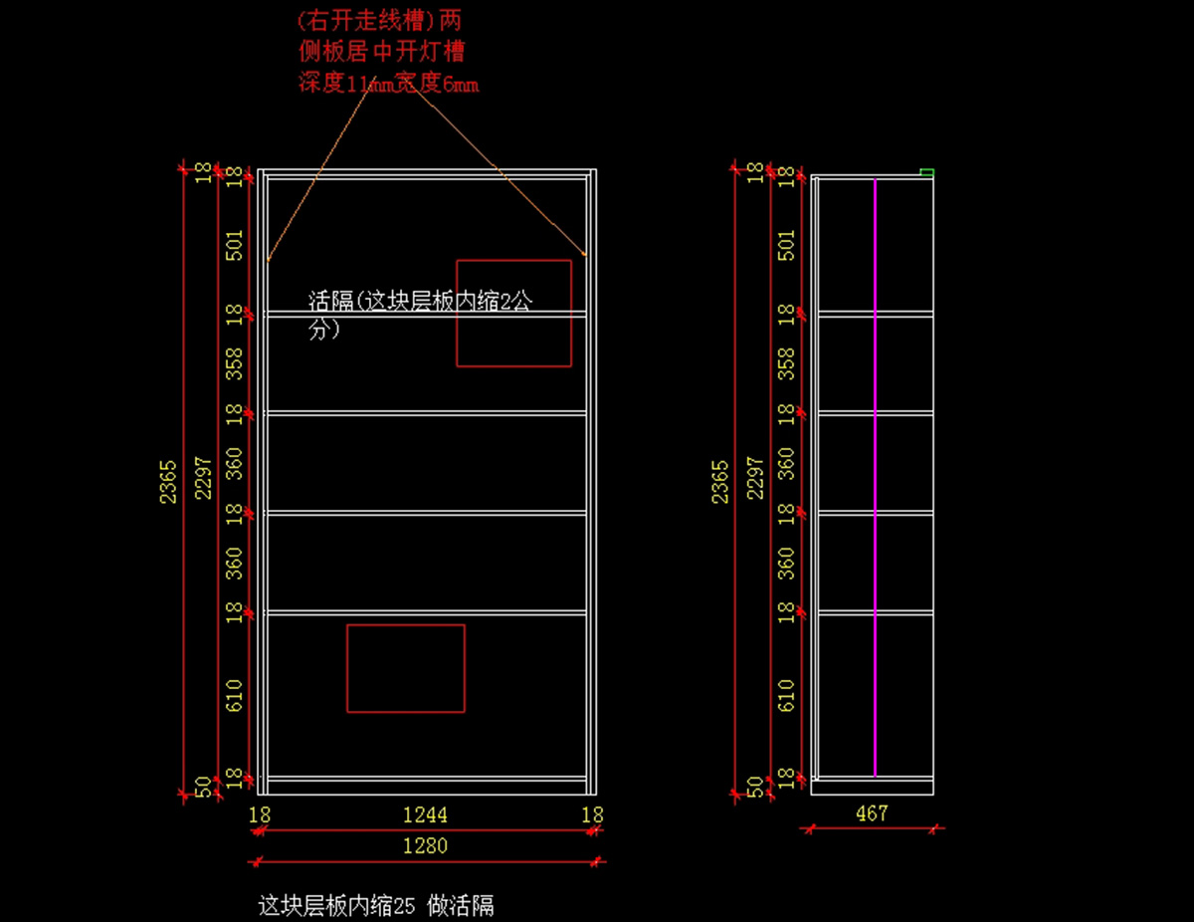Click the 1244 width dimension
(425, 815)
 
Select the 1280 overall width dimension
(425, 846)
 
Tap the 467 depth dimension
(872, 813)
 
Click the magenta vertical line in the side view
(875, 478)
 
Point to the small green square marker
(927, 173)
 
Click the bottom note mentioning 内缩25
(376, 905)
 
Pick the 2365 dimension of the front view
(169, 480)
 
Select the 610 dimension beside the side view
(787, 695)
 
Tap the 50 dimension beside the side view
(755, 787)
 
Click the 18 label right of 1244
(592, 815)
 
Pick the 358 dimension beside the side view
(787, 363)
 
